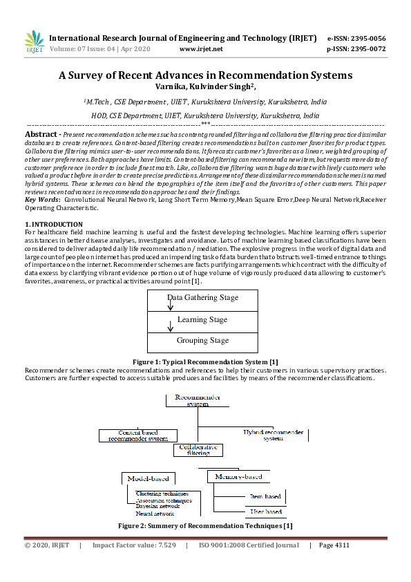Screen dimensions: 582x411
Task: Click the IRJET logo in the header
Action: (34, 42)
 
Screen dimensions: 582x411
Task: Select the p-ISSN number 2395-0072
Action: (365, 49)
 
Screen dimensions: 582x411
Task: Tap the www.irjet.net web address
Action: (201, 49)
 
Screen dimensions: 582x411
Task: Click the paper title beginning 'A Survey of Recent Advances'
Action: (205, 75)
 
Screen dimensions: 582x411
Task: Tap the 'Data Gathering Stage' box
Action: (202, 298)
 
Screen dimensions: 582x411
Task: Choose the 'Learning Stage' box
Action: (202, 320)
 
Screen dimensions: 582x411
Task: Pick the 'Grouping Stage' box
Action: (202, 341)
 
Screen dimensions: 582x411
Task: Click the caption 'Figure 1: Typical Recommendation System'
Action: (205, 362)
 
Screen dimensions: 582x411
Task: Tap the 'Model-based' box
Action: (148, 478)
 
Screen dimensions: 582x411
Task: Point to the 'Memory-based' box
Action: (238, 476)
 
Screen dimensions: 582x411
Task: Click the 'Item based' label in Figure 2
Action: (265, 496)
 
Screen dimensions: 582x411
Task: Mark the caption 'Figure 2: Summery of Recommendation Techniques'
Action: (205, 526)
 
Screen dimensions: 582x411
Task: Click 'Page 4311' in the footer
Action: (334, 545)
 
